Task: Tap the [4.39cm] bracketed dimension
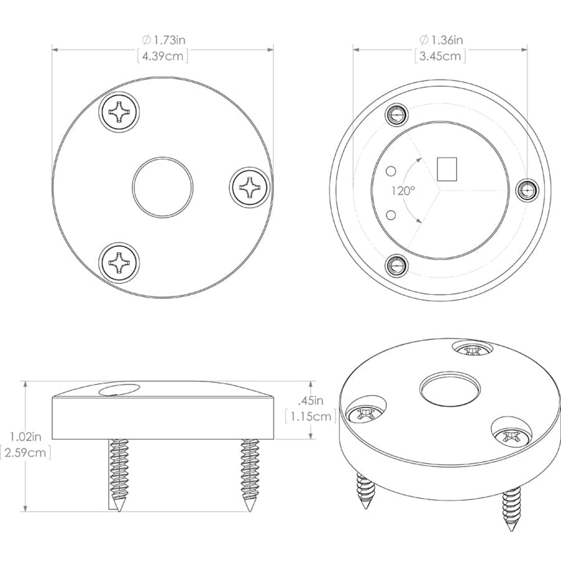coord(163,56)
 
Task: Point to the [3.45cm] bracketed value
coord(441,56)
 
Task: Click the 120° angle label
coord(403,191)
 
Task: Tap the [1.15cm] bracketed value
coord(310,416)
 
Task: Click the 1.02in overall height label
coord(25,435)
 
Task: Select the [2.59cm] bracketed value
coord(25,452)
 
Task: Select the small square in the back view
coord(447,169)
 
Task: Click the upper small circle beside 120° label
coord(392,169)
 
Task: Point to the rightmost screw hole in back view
coord(526,191)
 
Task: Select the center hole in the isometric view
coord(450,389)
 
